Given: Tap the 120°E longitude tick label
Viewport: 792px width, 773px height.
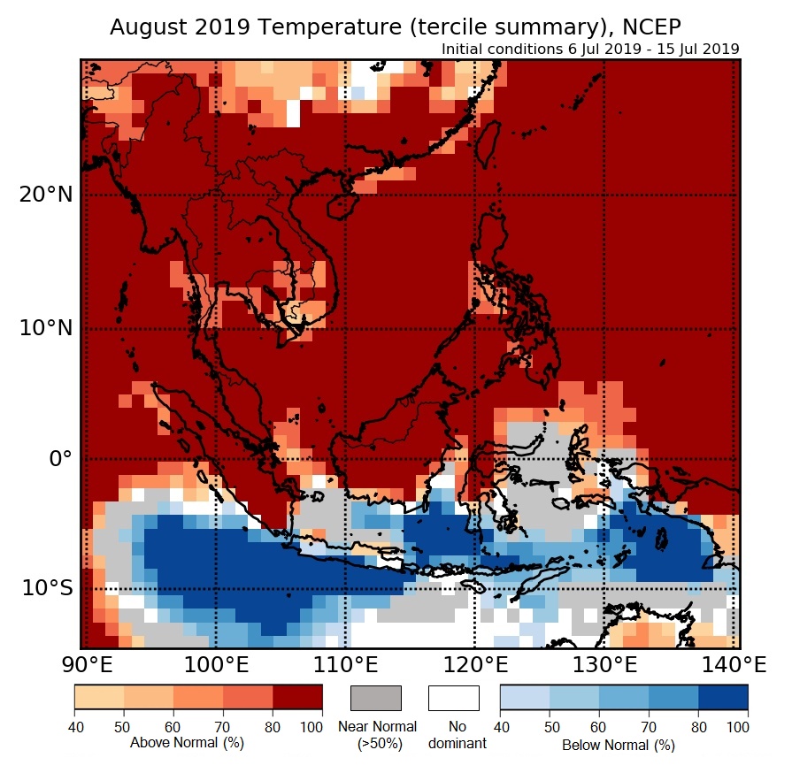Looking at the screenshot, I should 474,663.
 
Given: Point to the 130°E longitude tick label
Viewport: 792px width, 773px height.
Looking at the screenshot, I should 605,663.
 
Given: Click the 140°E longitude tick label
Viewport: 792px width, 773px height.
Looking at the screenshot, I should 735,663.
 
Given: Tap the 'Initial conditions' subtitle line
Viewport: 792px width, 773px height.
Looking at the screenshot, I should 590,49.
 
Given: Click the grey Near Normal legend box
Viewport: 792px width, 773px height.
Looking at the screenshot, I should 376,698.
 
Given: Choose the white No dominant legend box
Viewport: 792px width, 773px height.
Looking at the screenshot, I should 454,698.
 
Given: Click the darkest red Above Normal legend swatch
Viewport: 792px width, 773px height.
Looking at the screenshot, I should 297,698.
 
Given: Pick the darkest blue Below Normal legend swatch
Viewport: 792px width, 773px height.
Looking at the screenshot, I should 723,698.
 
